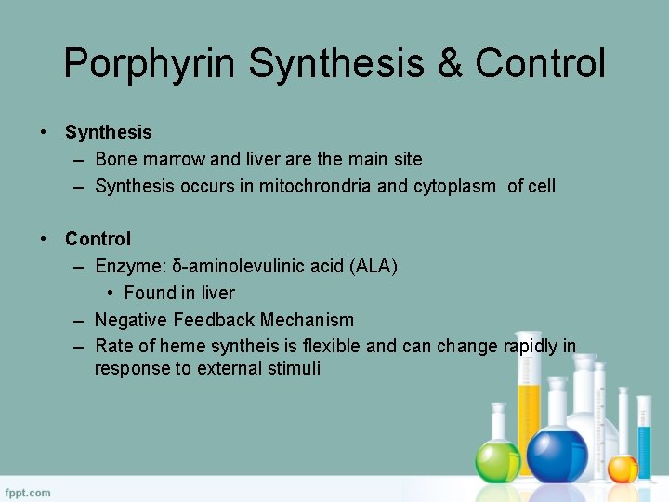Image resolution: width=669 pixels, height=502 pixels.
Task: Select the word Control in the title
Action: [540, 64]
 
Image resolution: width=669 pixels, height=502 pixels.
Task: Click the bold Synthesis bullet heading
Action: [108, 133]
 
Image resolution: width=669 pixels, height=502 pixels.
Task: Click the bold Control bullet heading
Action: [98, 239]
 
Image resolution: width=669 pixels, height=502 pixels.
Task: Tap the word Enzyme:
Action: [131, 267]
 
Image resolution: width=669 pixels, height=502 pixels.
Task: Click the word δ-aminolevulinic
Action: [239, 267]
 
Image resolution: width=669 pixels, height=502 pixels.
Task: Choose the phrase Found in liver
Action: [179, 293]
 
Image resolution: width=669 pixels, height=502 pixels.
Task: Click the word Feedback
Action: [212, 320]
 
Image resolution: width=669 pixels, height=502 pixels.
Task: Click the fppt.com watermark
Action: [29, 492]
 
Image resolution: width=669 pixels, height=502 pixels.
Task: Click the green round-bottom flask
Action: [498, 457]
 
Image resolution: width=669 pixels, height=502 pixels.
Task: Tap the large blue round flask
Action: [557, 453]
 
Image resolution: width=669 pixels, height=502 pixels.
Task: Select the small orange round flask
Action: [623, 467]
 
